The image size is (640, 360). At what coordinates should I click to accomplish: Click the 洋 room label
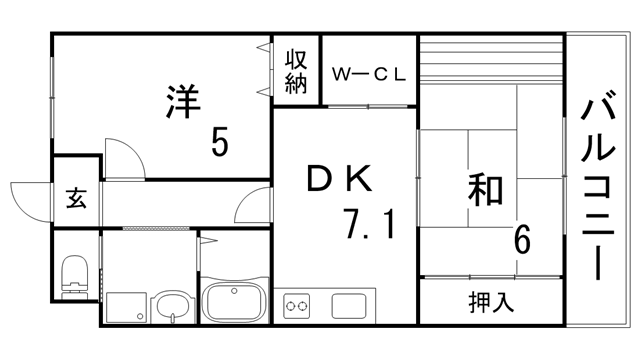point(183,102)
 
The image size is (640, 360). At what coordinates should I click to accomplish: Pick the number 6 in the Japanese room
point(522,241)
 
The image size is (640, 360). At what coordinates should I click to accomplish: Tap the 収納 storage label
point(295,71)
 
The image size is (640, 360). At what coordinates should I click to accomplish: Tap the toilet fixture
point(74,274)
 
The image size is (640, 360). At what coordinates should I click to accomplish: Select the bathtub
point(233,301)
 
